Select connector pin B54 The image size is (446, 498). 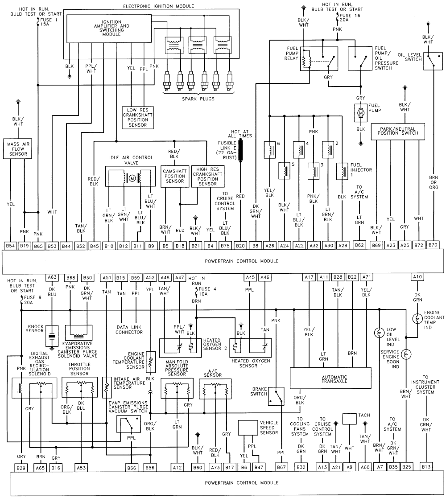(11, 245)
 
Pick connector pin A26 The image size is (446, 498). (269, 245)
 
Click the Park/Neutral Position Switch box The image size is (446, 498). (399, 131)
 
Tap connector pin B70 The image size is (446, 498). (433, 245)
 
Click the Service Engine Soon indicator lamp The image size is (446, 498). (405, 354)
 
